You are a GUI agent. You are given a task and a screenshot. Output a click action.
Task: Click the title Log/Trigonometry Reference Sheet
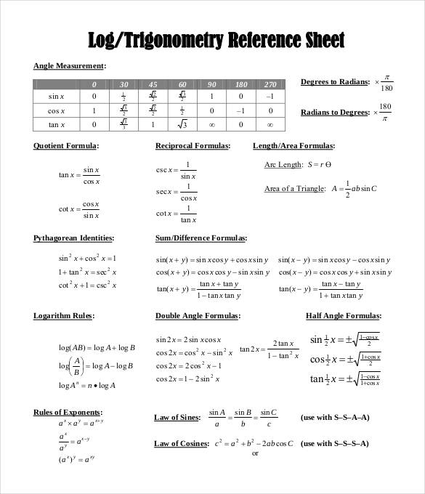point(216,39)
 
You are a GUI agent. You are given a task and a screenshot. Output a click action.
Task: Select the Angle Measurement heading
point(70,66)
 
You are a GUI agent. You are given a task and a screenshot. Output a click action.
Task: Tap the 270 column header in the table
point(270,84)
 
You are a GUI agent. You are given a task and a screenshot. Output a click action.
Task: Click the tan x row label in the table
point(57,124)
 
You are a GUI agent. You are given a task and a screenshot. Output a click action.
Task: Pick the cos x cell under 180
point(241,110)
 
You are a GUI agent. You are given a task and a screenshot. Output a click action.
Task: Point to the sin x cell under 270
point(270,97)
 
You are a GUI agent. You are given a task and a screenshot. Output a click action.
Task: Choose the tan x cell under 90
point(211,124)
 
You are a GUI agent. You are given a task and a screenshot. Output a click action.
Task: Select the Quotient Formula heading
point(66,145)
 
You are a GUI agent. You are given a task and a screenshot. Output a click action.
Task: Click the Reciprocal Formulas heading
point(193,145)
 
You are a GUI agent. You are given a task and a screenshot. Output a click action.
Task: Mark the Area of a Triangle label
point(294,189)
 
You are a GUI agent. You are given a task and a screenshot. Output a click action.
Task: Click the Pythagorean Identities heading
point(73,238)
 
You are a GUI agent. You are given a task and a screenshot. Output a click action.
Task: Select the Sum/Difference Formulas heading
point(201,238)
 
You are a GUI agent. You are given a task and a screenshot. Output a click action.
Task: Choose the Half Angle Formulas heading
point(343,316)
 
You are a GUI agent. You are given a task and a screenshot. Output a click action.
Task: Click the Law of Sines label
point(178,417)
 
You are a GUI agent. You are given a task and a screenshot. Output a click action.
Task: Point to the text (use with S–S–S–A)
point(334,443)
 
